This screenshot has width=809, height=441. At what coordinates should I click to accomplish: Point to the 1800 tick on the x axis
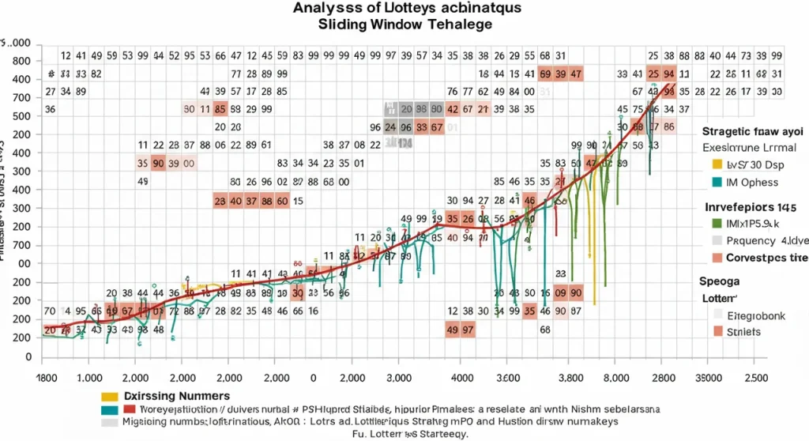click(x=49, y=378)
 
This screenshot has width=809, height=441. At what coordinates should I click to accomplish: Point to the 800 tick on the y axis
click(x=22, y=61)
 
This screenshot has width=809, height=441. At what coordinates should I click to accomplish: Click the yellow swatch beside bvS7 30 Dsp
click(x=717, y=164)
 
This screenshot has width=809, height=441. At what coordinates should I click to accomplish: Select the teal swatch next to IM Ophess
click(x=717, y=183)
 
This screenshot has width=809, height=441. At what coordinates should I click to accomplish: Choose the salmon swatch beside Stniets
click(x=717, y=332)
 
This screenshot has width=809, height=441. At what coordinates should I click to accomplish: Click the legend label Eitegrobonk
click(x=755, y=315)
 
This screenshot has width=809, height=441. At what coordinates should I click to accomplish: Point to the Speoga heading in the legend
click(x=717, y=280)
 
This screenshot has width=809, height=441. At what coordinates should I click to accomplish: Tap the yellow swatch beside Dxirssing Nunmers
click(x=110, y=395)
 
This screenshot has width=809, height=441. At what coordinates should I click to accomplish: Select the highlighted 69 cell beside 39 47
click(x=544, y=73)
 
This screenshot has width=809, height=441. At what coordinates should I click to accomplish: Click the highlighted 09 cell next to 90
click(x=562, y=292)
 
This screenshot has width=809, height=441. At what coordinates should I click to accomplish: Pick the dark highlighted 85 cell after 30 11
click(x=220, y=109)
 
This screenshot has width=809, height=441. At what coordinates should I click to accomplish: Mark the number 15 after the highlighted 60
click(x=299, y=201)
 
